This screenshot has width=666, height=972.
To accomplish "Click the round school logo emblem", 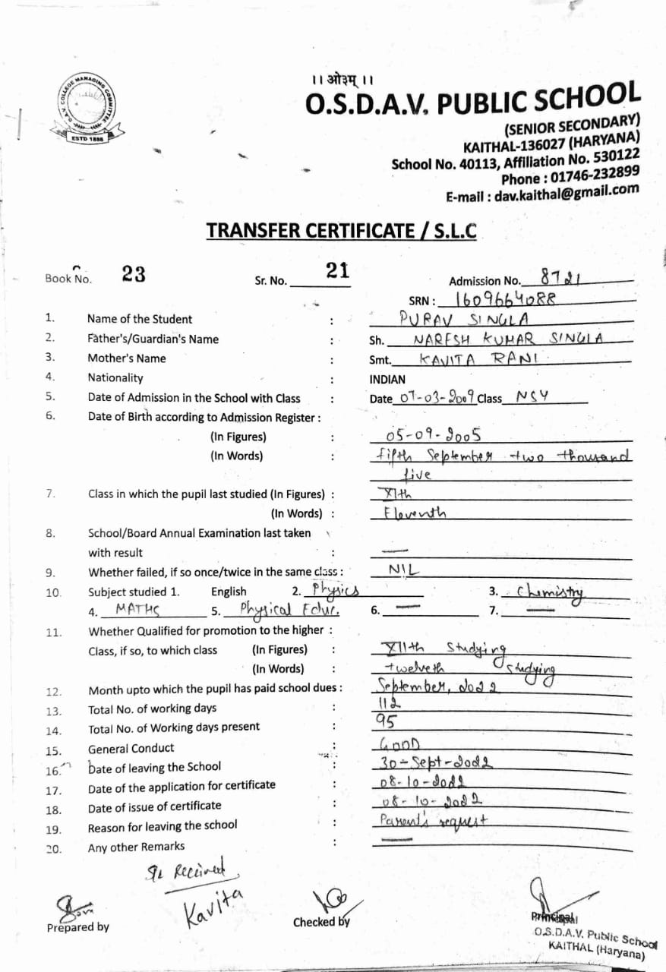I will click(83, 110).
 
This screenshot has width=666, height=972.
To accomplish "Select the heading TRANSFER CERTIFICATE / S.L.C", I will click(342, 230).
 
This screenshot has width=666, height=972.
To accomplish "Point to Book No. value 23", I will click(134, 275).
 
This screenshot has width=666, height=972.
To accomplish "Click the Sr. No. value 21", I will click(336, 270).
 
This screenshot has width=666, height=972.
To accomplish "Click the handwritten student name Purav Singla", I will click(474, 317).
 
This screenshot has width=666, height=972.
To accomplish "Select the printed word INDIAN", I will click(387, 379).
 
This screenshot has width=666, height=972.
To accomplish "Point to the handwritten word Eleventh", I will click(415, 513).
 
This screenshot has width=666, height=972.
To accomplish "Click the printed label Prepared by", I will click(77, 926).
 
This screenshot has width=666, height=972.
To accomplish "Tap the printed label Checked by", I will click(321, 922).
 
